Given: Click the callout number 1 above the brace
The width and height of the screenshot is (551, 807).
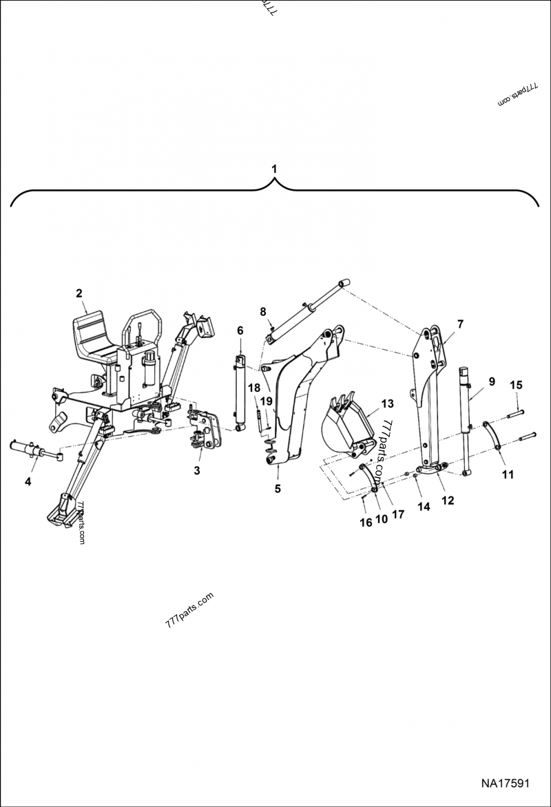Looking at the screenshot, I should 275,169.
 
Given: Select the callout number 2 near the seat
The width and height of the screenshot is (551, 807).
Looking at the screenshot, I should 79,293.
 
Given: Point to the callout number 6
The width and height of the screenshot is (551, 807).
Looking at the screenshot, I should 240,331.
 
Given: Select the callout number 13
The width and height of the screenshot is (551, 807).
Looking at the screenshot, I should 386,403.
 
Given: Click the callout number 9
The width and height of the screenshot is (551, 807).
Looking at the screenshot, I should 492,381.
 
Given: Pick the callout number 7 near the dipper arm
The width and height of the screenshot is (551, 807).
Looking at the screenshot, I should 460,323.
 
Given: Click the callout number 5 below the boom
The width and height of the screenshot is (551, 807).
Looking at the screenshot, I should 278,489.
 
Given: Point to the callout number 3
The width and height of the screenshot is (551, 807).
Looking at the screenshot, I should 197,471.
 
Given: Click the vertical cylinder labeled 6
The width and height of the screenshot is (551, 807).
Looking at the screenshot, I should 240,392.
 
